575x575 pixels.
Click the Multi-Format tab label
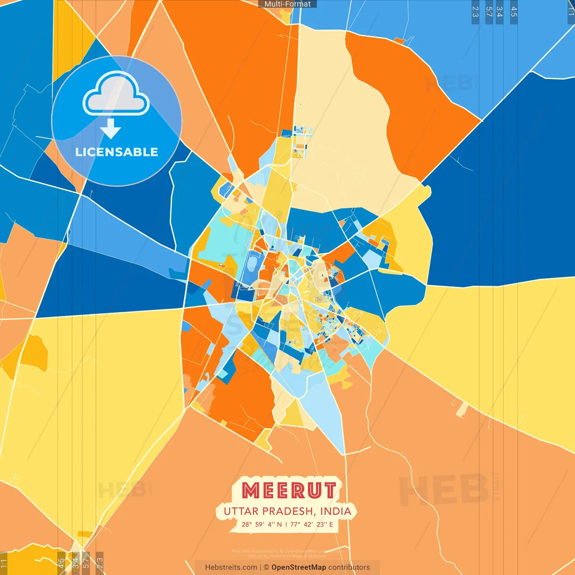287,4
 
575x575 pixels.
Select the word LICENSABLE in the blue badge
116,152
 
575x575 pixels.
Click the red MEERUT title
288,491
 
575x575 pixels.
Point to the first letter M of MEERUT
249,491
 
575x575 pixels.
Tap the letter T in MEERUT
329,491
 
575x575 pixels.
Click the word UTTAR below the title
241,511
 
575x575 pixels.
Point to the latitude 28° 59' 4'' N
261,524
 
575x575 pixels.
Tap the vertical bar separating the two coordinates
286,524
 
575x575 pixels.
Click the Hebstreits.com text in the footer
231,567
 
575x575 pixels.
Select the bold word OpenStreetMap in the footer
299,567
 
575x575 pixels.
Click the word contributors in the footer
349,567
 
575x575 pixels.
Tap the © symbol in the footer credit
266,567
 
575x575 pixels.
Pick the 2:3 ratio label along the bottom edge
99,563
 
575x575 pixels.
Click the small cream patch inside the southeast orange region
461,409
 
